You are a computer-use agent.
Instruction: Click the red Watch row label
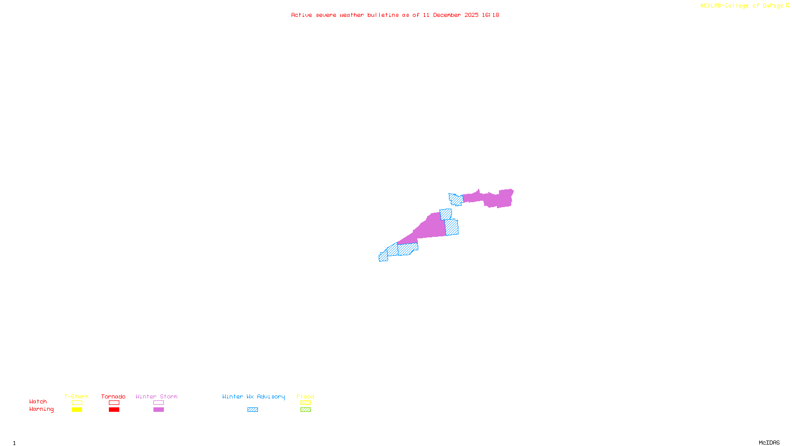tap(38, 402)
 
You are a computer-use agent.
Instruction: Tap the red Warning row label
tap(42, 409)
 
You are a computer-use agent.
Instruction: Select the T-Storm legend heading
tap(76, 396)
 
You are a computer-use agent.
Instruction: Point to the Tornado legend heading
tap(113, 396)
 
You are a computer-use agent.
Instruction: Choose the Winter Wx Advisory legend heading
tap(253, 396)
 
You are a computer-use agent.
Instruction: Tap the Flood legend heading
tap(305, 396)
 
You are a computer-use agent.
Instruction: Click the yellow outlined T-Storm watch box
tap(77, 403)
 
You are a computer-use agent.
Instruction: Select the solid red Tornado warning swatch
tap(114, 410)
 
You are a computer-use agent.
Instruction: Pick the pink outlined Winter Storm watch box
tap(158, 403)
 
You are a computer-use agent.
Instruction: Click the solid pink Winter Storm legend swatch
tap(158, 410)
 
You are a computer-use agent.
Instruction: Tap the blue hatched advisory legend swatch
tap(252, 410)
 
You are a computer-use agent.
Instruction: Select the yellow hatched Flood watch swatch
tap(305, 403)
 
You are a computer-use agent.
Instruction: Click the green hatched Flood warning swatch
tap(305, 410)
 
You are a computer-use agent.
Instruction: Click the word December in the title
tap(447, 15)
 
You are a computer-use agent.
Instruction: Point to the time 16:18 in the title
tap(491, 15)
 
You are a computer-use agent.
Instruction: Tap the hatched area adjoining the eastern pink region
tap(456, 200)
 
